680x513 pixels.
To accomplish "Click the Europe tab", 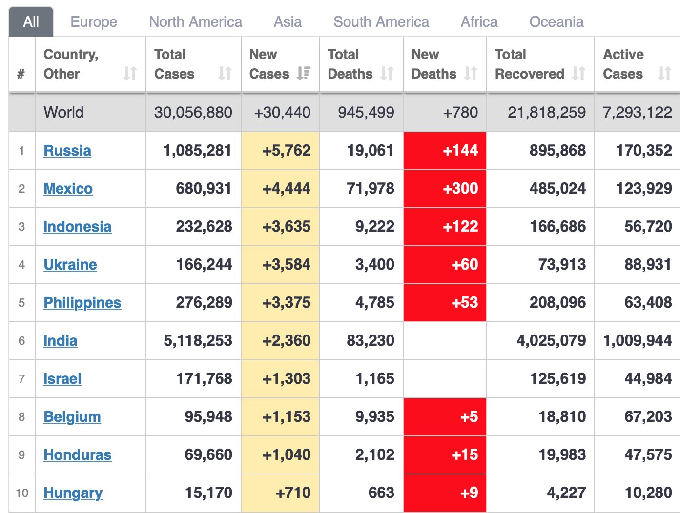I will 94,22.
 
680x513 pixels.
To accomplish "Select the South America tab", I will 381,22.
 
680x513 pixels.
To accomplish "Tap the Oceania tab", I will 556,22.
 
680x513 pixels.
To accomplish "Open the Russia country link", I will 67,151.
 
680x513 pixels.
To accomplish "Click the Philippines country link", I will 82,303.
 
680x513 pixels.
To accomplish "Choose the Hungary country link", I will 73,493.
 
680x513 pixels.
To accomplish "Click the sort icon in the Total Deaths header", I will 388,74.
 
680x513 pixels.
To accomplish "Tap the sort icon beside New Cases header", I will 304,74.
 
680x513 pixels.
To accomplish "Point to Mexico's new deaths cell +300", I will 460,189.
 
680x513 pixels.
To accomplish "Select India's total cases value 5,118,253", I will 198,341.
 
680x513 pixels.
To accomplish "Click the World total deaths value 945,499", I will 366,113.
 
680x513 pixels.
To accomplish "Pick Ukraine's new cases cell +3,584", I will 287,265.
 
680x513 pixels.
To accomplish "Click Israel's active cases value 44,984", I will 648,379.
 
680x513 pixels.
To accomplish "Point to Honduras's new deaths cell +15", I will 465,455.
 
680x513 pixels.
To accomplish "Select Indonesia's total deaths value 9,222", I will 374,227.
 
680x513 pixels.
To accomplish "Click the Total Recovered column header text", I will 529,64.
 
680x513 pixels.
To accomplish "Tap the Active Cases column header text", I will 623,64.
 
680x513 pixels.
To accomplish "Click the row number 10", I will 22,493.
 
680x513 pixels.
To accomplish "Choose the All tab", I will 31,22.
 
